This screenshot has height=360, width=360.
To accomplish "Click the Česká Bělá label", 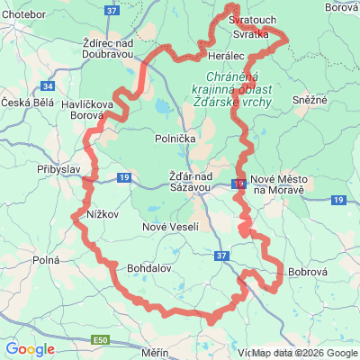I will (28, 103).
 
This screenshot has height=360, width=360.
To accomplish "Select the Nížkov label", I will (103, 215).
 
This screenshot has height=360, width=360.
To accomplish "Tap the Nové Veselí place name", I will (171, 227).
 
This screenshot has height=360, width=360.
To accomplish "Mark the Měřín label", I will (154, 353).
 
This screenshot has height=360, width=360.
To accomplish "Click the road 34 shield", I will (48, 86).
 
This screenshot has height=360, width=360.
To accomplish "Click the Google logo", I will (30, 349).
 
